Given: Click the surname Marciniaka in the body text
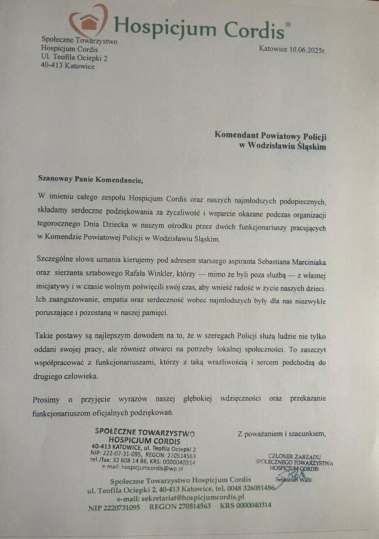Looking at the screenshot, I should tap(301, 261).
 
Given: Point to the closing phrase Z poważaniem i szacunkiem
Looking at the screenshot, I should tap(281, 433).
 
